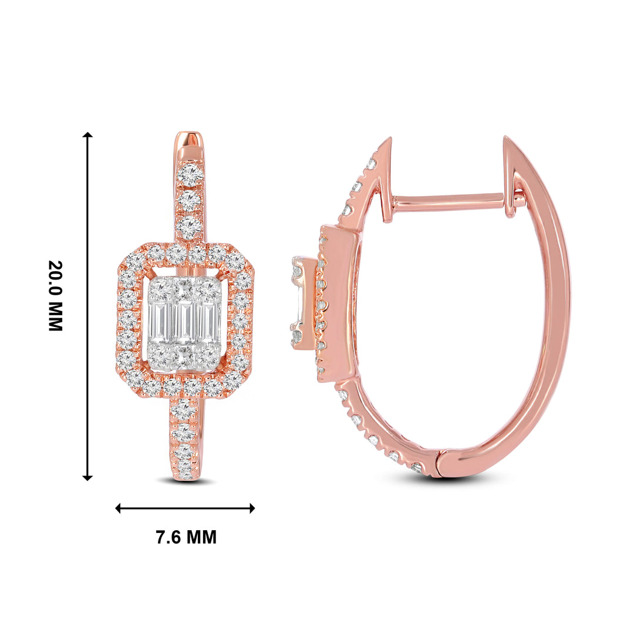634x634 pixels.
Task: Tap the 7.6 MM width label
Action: (x=186, y=537)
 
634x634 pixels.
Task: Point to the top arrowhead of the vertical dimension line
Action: (x=87, y=136)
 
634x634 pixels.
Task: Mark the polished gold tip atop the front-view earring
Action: (x=189, y=144)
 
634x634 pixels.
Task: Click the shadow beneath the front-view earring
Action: (x=186, y=482)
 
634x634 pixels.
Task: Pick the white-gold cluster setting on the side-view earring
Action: (x=303, y=304)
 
